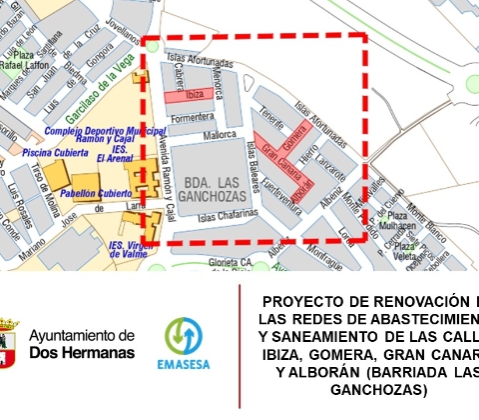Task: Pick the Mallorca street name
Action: pos(220,133)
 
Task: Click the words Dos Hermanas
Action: pos(83,352)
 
